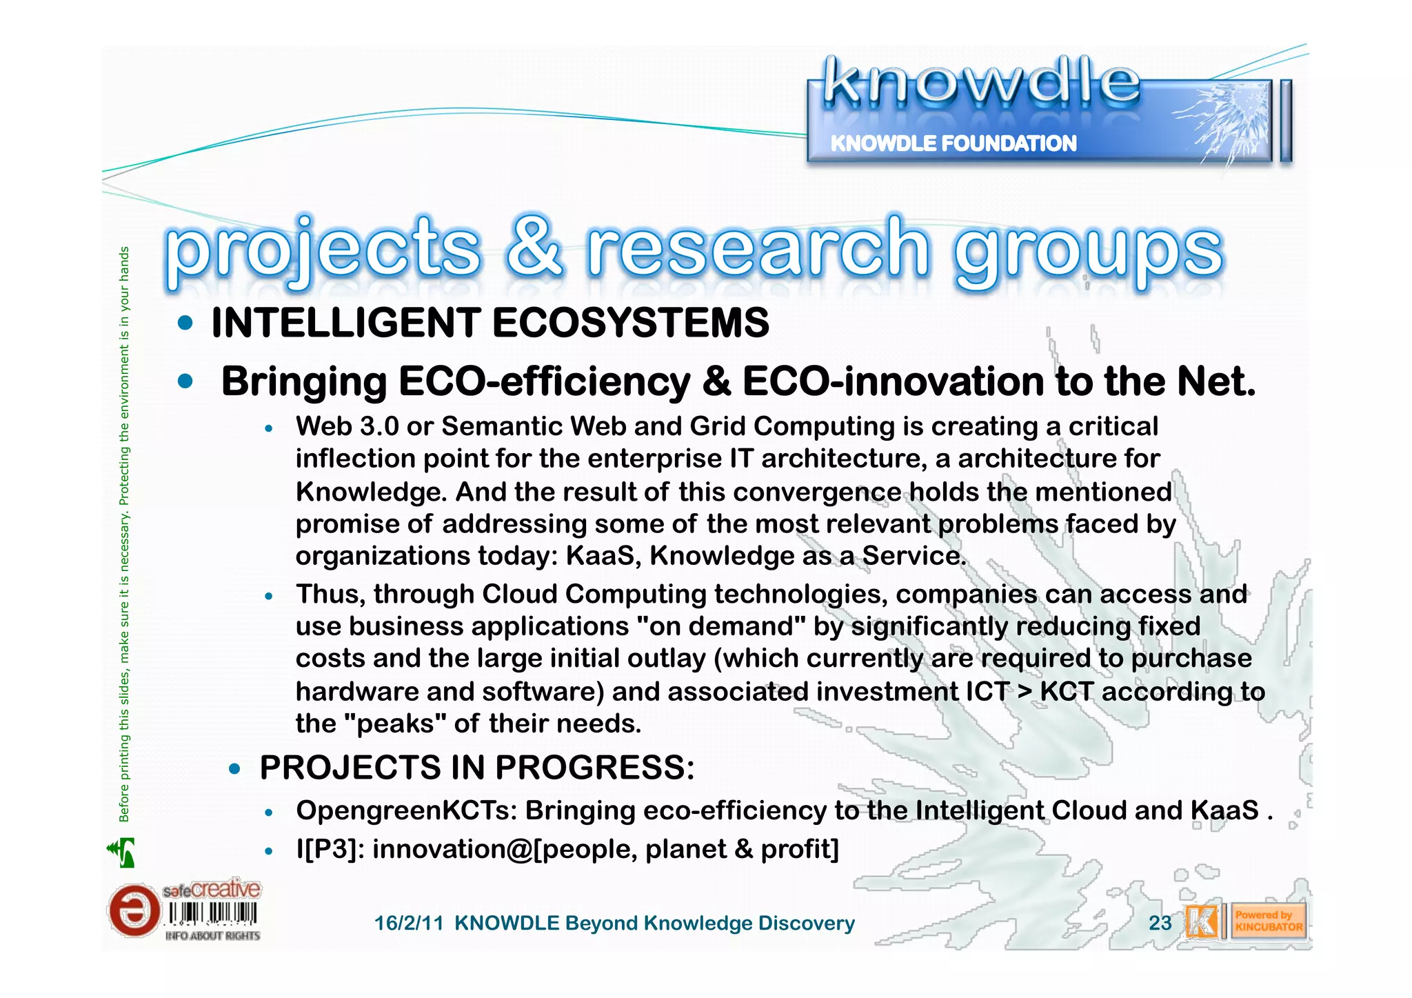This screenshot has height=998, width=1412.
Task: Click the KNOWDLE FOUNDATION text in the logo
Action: pyautogui.click(x=953, y=143)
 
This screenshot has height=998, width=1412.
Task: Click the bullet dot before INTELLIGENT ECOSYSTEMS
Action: pyautogui.click(x=185, y=323)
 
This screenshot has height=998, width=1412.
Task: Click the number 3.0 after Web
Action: pyautogui.click(x=379, y=426)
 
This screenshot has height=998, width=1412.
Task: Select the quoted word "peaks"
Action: pyautogui.click(x=394, y=723)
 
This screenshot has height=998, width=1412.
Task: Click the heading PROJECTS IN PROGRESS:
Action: pyautogui.click(x=477, y=768)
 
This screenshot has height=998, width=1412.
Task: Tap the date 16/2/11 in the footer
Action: pyautogui.click(x=408, y=924)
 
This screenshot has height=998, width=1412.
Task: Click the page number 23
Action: pyautogui.click(x=1160, y=923)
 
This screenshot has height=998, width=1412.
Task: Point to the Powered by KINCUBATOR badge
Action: pyautogui.click(x=1268, y=921)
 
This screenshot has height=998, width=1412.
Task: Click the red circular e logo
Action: pyautogui.click(x=133, y=910)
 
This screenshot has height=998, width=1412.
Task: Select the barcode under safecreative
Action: pyautogui.click(x=212, y=914)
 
